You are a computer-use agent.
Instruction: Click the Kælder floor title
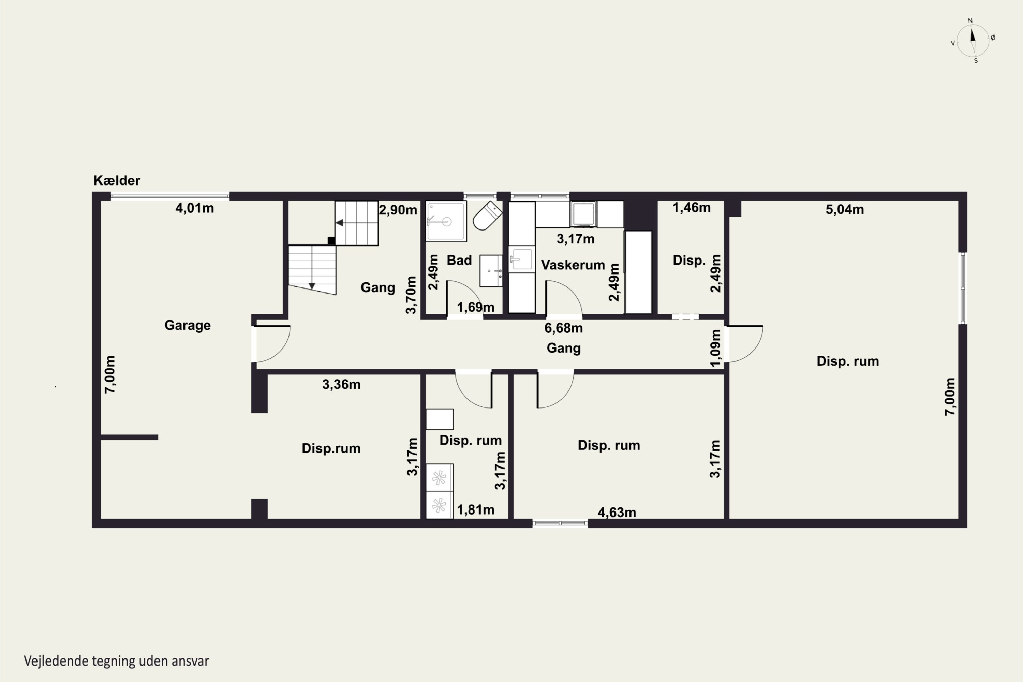click(x=117, y=180)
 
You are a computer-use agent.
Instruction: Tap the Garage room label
click(x=188, y=325)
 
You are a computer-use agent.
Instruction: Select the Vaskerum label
click(x=573, y=265)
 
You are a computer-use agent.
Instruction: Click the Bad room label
click(x=459, y=260)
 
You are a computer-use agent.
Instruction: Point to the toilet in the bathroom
click(x=487, y=216)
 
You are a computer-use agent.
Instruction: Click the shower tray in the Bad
click(x=446, y=221)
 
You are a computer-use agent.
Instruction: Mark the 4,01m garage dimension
click(x=194, y=208)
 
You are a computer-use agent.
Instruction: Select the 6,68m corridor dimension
click(x=563, y=328)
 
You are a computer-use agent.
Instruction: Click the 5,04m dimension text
click(x=845, y=210)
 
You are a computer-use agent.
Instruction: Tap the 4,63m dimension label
click(x=617, y=513)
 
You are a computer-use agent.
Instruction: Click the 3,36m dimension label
click(x=341, y=385)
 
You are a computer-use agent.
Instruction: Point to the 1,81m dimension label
click(x=475, y=510)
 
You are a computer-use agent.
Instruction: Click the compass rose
click(x=973, y=41)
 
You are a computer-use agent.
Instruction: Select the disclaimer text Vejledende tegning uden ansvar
click(x=117, y=661)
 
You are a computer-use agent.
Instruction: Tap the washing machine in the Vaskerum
click(x=583, y=214)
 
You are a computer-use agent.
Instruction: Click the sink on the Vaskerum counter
click(x=521, y=259)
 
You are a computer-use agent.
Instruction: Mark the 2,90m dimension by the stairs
click(x=398, y=210)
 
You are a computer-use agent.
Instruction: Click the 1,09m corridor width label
click(x=715, y=348)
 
